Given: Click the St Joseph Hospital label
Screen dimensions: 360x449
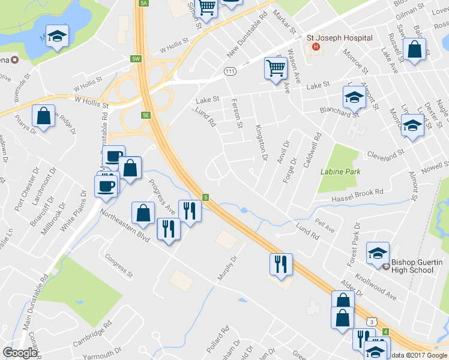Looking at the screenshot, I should click(x=339, y=38).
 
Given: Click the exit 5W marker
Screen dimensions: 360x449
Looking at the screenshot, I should click(x=136, y=59).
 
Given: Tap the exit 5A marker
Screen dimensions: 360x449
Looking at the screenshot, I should click(x=143, y=3).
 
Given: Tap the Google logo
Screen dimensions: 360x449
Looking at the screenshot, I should click(x=20, y=353).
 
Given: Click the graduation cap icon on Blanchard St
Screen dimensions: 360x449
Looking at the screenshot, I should click(x=354, y=97).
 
